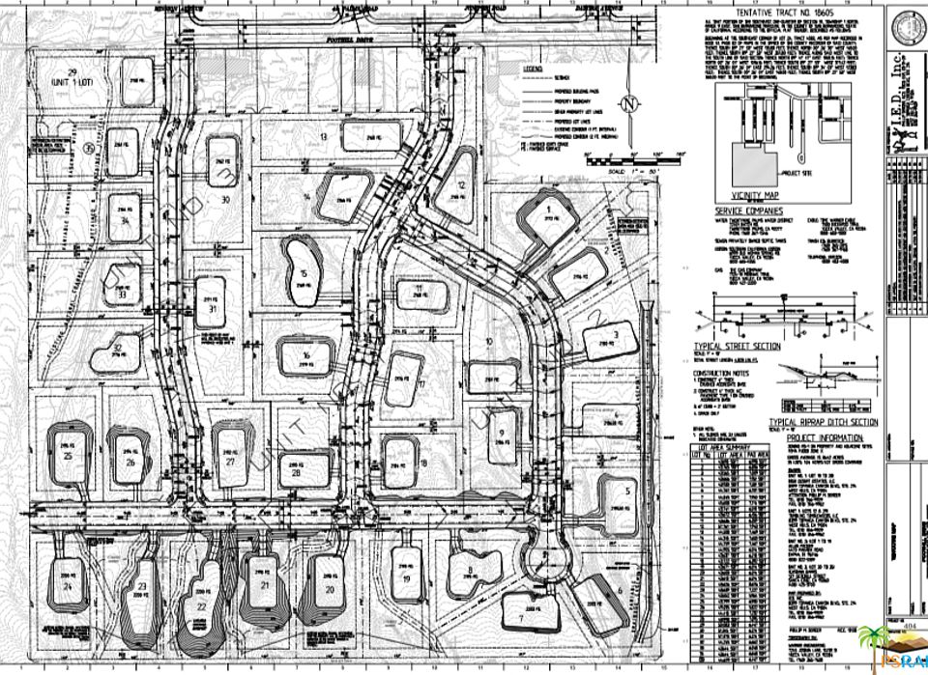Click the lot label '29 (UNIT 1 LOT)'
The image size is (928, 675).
pos(69,78)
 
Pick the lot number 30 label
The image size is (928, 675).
pos(224,200)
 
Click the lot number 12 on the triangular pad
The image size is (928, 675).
pos(462,185)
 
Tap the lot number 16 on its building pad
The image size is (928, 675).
pos(305,356)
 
